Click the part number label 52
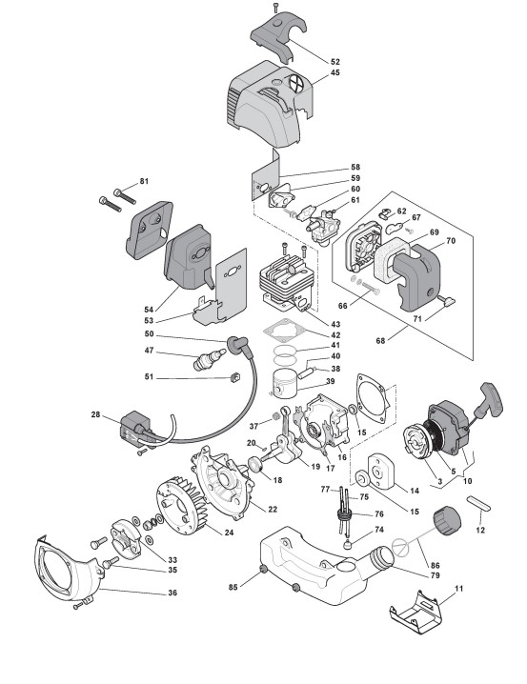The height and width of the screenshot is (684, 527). tap(335, 62)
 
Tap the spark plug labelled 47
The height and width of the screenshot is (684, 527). tap(210, 359)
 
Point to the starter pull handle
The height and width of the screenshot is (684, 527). tap(491, 399)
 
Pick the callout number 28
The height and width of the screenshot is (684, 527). tap(95, 414)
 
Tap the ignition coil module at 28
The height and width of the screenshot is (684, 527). tap(136, 429)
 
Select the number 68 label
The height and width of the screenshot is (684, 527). tap(380, 341)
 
